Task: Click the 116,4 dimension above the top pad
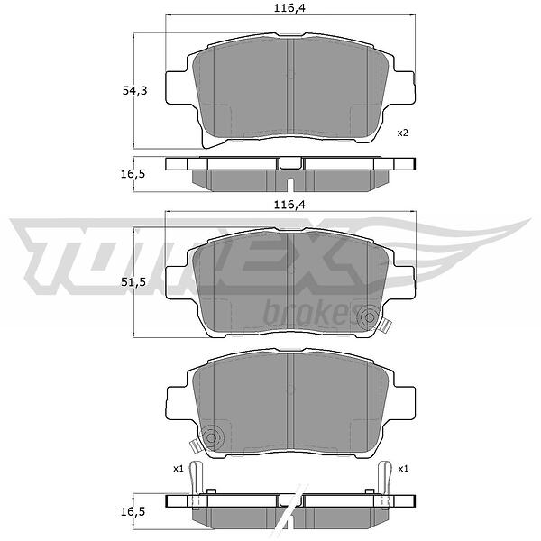[x=289, y=7]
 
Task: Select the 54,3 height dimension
[x=134, y=91]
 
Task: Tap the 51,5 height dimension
[x=133, y=282]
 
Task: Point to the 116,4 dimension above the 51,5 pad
[x=289, y=205]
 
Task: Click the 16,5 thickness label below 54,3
[x=133, y=174]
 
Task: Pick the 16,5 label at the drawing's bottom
[x=133, y=511]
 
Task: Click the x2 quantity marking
[x=403, y=133]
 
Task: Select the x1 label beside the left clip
[x=178, y=469]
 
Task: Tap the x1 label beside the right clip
[x=403, y=469]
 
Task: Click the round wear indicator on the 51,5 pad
[x=369, y=317]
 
